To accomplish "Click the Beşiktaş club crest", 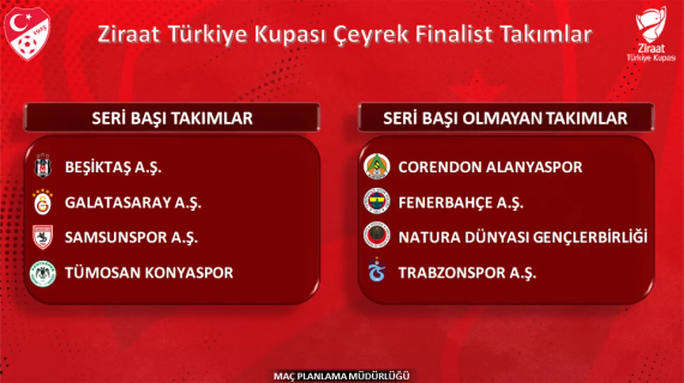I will point(42,167).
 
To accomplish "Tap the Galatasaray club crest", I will point(42,203).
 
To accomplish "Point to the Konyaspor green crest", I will point(42,273).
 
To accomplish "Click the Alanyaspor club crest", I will point(377,167).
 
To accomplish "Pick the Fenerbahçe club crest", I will point(377,202).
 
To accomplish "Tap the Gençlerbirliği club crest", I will point(377,237).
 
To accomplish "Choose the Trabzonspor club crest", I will point(377,271).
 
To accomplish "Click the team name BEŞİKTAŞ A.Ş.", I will point(113,167).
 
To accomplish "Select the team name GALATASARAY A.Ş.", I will point(133,203).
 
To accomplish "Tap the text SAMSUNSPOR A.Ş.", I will point(131,238).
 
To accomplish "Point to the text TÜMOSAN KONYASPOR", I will point(149,273).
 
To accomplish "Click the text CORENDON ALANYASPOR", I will point(490,167).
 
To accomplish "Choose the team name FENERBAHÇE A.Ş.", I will point(461,203).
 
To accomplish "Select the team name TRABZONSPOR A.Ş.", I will point(467,273).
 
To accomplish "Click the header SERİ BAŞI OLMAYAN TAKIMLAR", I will point(505,118).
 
